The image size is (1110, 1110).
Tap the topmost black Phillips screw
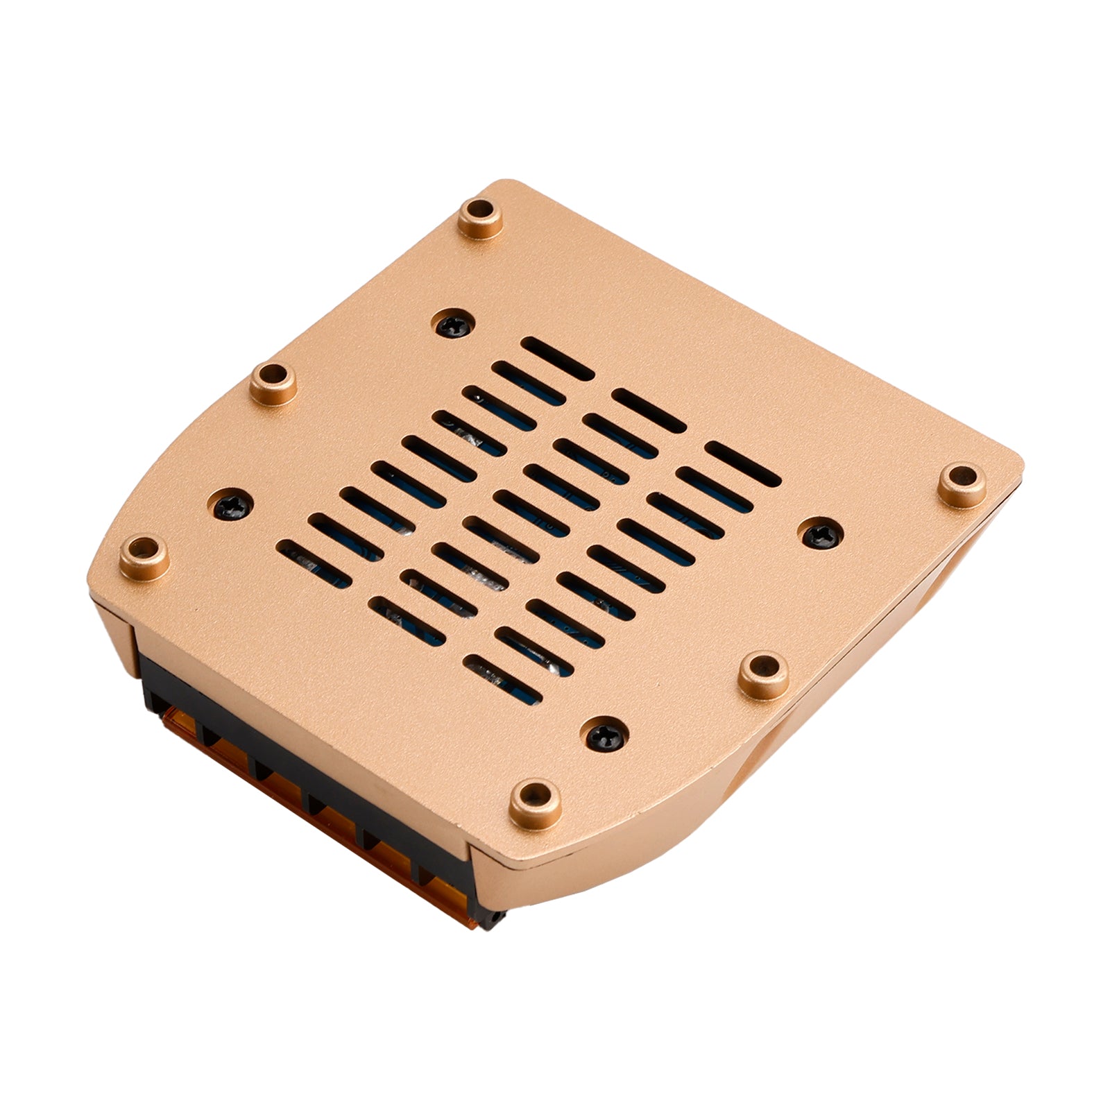[x=454, y=323]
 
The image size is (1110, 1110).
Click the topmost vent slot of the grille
[x=557, y=359]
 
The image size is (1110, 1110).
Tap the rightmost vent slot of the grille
[x=743, y=463]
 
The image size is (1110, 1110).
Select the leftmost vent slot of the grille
[x=314, y=564]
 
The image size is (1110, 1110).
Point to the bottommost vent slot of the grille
[x=502, y=678]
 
